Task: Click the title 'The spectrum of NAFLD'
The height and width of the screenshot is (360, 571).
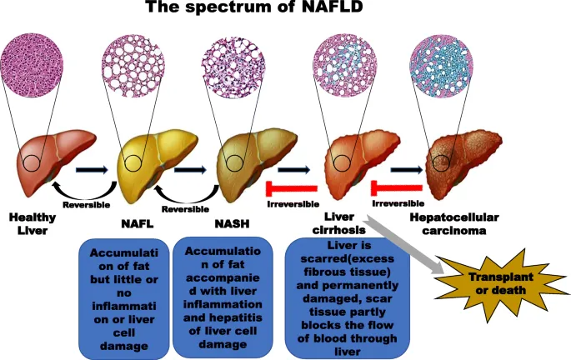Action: pos(285,10)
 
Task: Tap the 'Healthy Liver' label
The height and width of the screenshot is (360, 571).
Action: pos(33,223)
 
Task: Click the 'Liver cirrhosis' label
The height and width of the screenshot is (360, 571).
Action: pos(337,223)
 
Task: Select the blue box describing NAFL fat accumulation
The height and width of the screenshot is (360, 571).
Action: pos(122,294)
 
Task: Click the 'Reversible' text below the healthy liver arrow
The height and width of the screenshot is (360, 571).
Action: pos(87,201)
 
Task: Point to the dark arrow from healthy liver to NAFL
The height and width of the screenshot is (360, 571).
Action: pos(92,170)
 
